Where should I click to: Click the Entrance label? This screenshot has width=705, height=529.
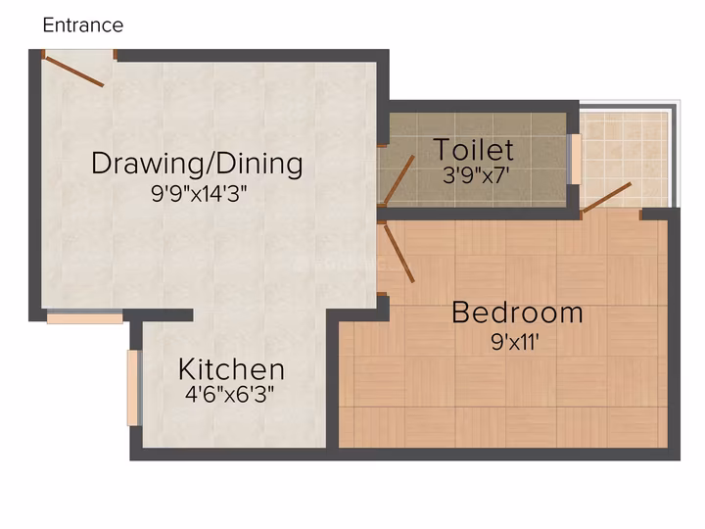tap(82, 25)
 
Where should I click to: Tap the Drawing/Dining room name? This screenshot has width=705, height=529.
tap(197, 164)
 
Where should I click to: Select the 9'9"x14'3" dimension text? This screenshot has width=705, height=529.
tap(199, 194)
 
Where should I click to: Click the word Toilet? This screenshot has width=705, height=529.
tap(474, 149)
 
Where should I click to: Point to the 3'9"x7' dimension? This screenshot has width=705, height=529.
tap(476, 174)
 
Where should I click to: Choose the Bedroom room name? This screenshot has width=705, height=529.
tap(517, 313)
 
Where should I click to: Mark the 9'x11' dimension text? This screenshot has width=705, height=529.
tap(515, 342)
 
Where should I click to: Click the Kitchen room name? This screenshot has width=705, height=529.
tap(231, 369)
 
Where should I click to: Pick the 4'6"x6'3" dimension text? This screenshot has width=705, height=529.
tap(229, 395)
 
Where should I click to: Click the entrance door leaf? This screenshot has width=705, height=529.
tap(74, 72)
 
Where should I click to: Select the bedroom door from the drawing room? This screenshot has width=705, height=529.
tap(399, 254)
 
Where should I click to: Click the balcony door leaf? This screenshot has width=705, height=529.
tap(606, 197)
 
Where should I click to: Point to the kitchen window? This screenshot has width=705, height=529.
tap(133, 388)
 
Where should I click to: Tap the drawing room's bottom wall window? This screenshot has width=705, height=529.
tap(85, 317)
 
